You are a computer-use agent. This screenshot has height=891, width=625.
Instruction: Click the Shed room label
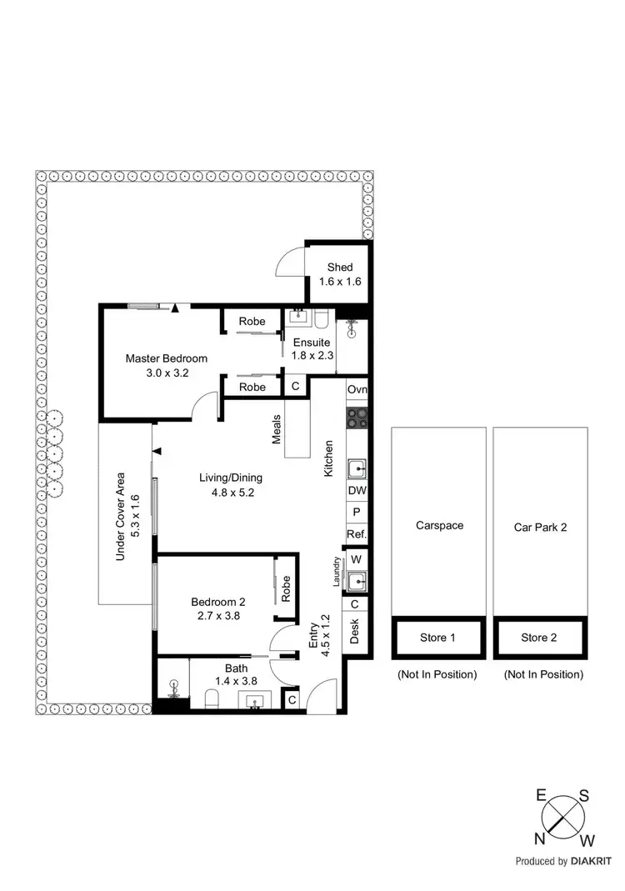tap(339, 268)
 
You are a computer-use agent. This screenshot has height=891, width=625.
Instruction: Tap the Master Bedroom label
tap(166, 358)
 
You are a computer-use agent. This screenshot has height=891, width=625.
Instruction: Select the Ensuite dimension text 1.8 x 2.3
tap(312, 355)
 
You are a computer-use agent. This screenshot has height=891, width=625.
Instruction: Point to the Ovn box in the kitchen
tap(357, 390)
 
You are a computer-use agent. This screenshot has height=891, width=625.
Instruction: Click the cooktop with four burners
tap(357, 418)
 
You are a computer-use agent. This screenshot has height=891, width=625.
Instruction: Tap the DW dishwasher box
tap(357, 491)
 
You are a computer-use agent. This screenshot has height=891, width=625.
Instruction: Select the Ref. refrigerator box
tap(357, 534)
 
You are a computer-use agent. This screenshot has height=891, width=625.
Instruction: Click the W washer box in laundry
tap(357, 558)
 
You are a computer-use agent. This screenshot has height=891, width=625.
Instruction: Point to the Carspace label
tap(438, 526)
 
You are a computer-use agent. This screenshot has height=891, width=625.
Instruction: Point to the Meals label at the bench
tap(276, 431)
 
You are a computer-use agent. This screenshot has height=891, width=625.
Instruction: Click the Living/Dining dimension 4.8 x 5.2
tap(230, 492)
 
